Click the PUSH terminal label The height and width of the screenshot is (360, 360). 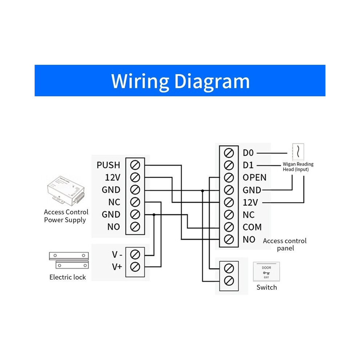pyautogui.click(x=108, y=165)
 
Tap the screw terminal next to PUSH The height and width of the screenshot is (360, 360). pyautogui.click(x=135, y=165)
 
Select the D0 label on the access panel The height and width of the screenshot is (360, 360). pyautogui.click(x=248, y=153)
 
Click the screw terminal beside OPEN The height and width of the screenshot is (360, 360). pyautogui.click(x=229, y=178)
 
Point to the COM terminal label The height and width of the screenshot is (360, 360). pyautogui.click(x=252, y=227)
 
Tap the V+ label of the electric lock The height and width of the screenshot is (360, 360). pyautogui.click(x=117, y=267)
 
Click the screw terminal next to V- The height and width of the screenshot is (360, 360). pyautogui.click(x=135, y=255)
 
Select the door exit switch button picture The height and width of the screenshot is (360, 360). pyautogui.click(x=266, y=272)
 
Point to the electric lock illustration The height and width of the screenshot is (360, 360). pyautogui.click(x=69, y=260)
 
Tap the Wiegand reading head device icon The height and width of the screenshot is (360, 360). pyautogui.click(x=298, y=152)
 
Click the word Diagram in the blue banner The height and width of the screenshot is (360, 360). pyautogui.click(x=212, y=81)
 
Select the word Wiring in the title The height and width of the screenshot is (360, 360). pyautogui.click(x=140, y=81)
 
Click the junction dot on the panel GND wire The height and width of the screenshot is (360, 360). pyautogui.click(x=203, y=191)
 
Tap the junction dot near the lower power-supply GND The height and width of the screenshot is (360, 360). pyautogui.click(x=154, y=215)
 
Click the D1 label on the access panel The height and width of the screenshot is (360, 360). pyautogui.click(x=248, y=165)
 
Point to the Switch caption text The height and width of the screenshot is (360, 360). pyautogui.click(x=267, y=287)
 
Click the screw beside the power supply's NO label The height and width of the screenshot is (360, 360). pyautogui.click(x=135, y=227)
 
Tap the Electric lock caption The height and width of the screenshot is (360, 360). pyautogui.click(x=68, y=277)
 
